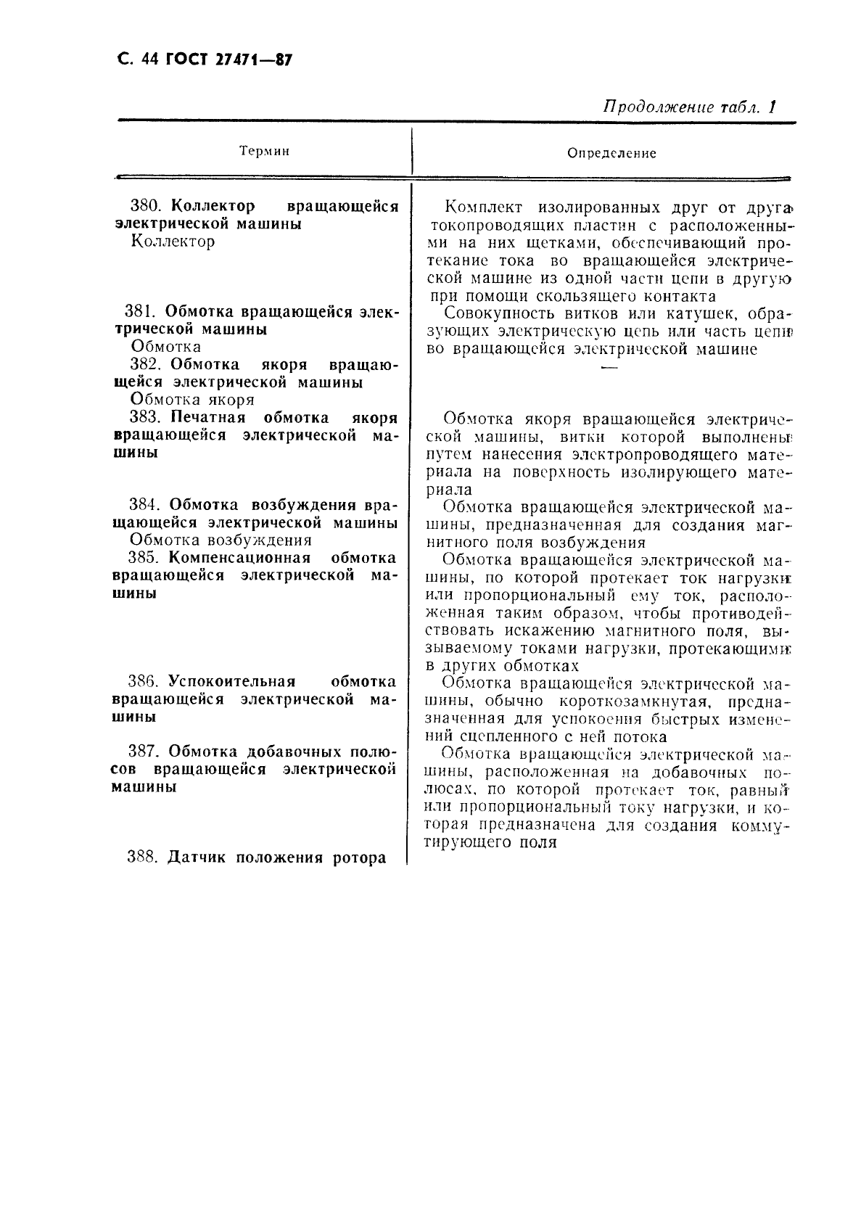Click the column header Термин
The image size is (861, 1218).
[x=264, y=151]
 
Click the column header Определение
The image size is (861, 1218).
[x=611, y=153]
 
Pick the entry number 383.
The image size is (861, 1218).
[x=144, y=418]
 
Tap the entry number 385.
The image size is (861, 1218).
[x=143, y=558]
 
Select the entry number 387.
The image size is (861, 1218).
[x=143, y=752]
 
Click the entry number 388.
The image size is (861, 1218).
[x=142, y=857]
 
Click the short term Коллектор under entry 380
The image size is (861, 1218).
[x=173, y=242]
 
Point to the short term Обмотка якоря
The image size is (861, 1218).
[x=192, y=400]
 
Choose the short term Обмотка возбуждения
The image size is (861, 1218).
[x=221, y=540]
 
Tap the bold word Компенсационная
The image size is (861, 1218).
[x=239, y=558]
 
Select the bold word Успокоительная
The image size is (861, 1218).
[x=231, y=682]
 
